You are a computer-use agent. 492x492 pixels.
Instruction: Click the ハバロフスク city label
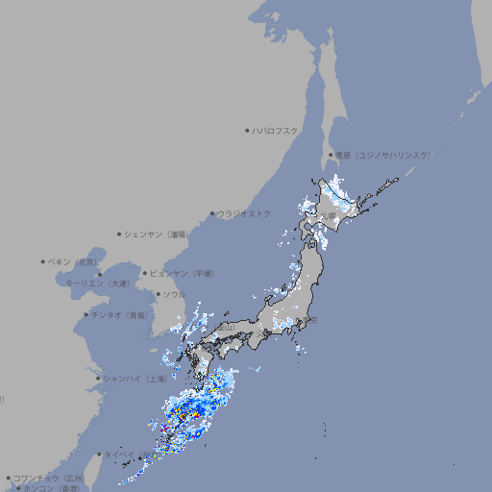[276, 130]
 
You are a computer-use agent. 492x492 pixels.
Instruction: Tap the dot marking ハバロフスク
[247, 130]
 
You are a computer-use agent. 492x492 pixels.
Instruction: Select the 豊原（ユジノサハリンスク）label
[382, 155]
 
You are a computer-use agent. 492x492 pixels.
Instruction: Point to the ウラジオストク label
[244, 213]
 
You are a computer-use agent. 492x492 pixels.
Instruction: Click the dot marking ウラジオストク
[212, 213]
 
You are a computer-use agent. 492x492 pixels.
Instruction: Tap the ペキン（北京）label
[74, 261]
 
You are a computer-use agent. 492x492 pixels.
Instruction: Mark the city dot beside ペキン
[43, 261]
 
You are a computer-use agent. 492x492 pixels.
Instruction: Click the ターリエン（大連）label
[97, 284]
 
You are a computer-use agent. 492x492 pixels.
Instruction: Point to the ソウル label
[174, 294]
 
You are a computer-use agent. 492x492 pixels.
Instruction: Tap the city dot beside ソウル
[158, 294]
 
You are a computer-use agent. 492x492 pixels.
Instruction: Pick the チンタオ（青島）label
[119, 314]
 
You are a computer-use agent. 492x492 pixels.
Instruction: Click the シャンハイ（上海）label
[135, 379]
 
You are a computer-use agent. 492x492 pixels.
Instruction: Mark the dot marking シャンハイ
[98, 379]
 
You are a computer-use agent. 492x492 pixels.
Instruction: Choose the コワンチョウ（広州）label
[49, 478]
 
